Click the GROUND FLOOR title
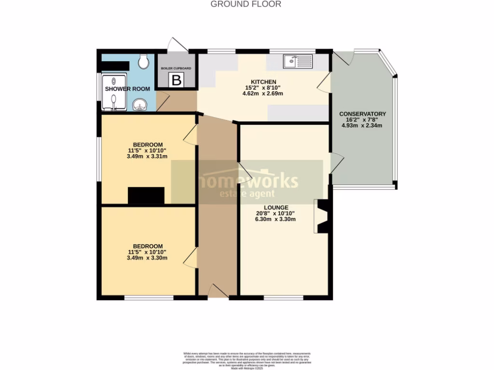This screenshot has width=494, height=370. coord(246,4)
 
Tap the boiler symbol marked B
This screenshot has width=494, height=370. coord(177,80)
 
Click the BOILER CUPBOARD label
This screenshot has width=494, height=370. coord(176,68)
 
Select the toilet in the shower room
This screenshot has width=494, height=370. coord(143,61)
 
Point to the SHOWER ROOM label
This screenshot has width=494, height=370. coord(127,89)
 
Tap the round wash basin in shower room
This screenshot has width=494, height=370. coord(140,105)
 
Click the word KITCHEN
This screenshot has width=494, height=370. coord(263,81)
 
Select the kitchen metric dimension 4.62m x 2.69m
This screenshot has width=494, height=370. coord(263,93)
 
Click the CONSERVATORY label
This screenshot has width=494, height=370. coord(362,114)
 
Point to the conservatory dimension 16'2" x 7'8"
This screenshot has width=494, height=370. coord(362,120)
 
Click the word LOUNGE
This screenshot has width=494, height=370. coord(275,207)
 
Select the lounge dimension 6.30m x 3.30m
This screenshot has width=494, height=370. coord(275,219)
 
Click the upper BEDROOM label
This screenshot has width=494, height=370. coord(148,145)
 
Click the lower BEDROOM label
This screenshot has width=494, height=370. coord(148,246)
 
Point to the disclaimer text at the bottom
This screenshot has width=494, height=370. coord(247,360)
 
